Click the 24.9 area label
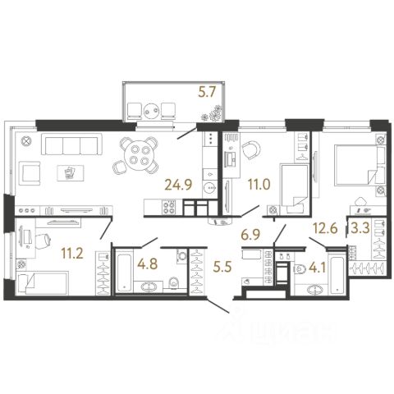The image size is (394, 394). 178,185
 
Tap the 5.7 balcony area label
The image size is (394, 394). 207,92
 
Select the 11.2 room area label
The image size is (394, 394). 71,254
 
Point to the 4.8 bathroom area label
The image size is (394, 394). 148,264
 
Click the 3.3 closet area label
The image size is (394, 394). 360,227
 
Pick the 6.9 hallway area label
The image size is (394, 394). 250,235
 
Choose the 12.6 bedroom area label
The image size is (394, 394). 325,227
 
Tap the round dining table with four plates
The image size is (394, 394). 140,155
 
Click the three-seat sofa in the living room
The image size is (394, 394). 70,144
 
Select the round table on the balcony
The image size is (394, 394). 151,111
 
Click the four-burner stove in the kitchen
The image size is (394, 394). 169,207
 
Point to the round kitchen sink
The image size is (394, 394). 210,188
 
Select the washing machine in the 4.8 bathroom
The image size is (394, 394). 182,256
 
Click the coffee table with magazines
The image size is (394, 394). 71,173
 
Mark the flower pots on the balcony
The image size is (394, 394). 212,114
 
